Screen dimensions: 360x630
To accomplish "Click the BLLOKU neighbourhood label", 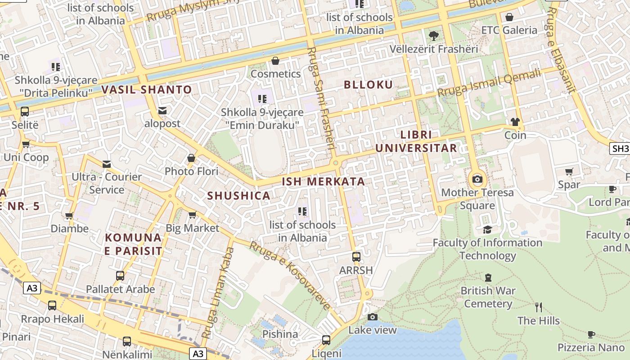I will coord(368,85).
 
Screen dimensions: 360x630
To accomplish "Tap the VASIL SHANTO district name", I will coord(147,90).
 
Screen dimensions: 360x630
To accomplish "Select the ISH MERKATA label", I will coord(323,182).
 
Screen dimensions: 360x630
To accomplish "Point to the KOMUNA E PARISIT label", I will coord(133,244).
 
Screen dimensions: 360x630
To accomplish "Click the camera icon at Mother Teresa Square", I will coord(477,180).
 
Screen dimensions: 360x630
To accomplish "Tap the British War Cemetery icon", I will coord(488,278).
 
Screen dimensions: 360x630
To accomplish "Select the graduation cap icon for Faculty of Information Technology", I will coord(487,230).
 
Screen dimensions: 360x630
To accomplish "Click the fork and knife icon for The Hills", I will coord(538,308).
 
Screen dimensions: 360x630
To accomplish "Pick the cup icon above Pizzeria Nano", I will coord(591,334).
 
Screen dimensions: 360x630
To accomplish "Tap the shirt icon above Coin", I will coord(515,122).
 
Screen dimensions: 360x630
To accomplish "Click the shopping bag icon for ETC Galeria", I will coord(509,18).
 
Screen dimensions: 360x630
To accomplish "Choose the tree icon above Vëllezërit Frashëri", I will coord(434,36).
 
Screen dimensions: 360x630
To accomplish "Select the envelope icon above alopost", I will coord(162,111).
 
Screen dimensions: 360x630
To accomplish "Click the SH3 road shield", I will coord(620,148).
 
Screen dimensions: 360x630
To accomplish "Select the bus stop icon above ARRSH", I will coord(356,257).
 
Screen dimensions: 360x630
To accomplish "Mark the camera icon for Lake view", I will coord(372,317).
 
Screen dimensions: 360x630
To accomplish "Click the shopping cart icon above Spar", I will coord(569,171).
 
